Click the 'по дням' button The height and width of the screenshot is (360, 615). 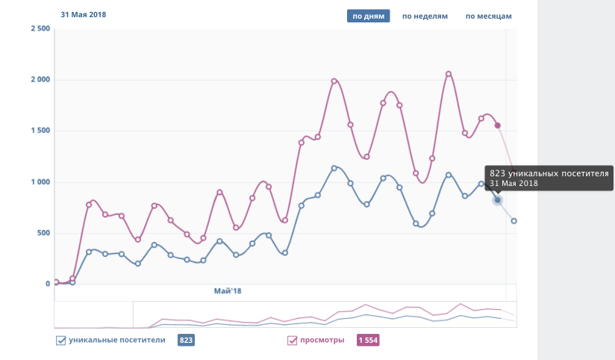[369, 16]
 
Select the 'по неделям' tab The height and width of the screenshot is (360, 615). [425, 16]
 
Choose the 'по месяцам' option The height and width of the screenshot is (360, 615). [489, 16]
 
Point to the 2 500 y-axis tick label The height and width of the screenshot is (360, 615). [40, 28]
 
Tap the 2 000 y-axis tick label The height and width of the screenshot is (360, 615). [40, 80]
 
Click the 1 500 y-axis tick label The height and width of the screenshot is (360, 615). [40, 131]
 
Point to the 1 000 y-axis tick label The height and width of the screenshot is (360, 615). [40, 182]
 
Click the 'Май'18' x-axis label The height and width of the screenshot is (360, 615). [228, 291]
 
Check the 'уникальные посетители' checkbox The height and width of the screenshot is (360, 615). [60, 341]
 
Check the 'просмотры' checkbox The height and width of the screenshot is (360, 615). [293, 341]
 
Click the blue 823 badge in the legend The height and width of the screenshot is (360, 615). [187, 341]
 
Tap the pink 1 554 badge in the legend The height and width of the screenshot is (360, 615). [369, 341]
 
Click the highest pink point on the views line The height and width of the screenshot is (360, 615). [449, 74]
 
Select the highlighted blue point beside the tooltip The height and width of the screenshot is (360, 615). [498, 199]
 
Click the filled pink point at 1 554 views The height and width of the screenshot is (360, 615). [498, 125]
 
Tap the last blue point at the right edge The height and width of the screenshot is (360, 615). [514, 221]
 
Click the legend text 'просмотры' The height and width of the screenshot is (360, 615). [322, 341]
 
